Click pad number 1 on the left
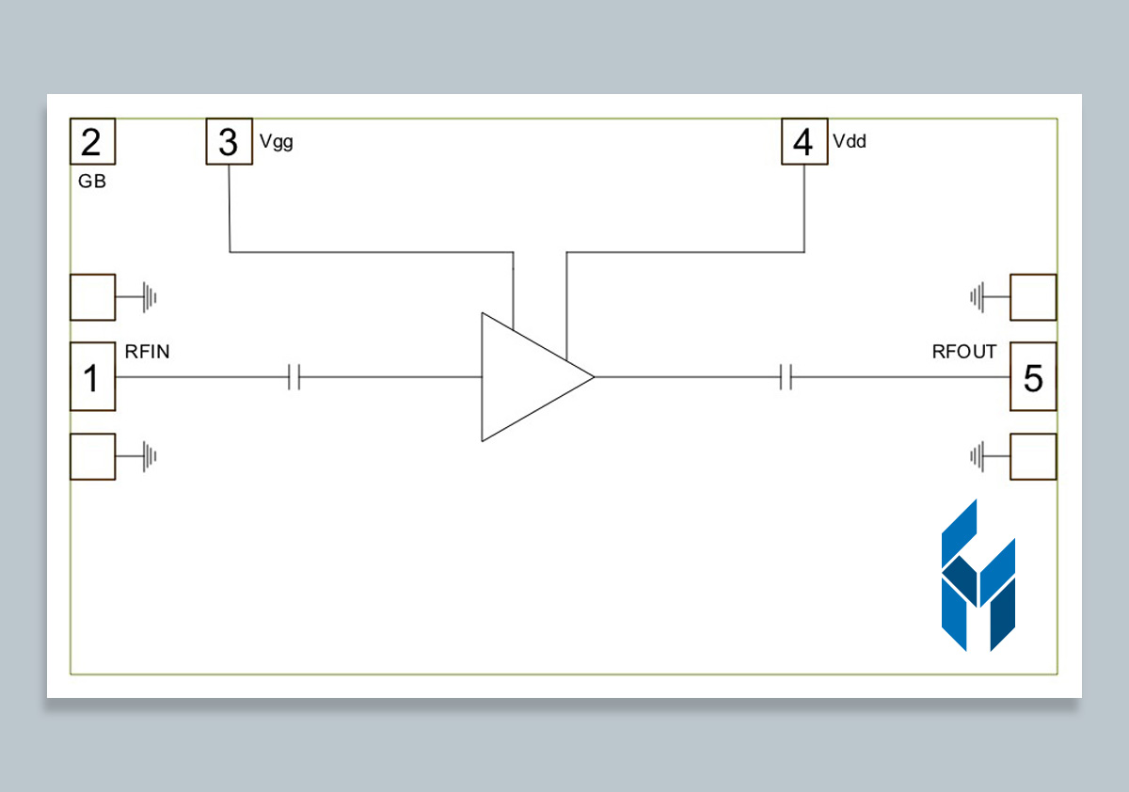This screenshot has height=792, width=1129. tap(92, 376)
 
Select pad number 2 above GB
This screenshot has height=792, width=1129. tap(92, 142)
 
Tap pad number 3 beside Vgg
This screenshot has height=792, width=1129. tap(230, 142)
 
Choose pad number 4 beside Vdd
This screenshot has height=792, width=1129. tap(804, 142)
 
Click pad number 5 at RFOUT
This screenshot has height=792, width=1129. tap(1032, 376)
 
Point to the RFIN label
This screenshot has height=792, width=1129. tap(148, 352)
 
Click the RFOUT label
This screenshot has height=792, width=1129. tap(963, 353)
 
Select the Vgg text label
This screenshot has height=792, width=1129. tap(276, 143)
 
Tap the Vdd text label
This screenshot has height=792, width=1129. tap(850, 143)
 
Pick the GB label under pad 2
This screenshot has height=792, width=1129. tap(92, 182)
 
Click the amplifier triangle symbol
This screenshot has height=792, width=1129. tap(527, 376)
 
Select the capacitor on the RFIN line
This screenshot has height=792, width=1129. tap(294, 377)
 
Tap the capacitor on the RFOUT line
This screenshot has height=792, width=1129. tap(787, 377)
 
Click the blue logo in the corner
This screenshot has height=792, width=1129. tap(978, 577)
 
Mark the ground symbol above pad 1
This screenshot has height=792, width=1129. tap(149, 298)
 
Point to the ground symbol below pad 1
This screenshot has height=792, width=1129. tap(149, 457)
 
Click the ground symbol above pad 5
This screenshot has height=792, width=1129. tap(978, 298)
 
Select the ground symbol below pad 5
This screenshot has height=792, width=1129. tap(978, 457)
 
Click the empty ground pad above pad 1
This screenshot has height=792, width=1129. tap(92, 297)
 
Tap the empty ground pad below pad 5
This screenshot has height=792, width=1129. tap(1032, 456)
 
